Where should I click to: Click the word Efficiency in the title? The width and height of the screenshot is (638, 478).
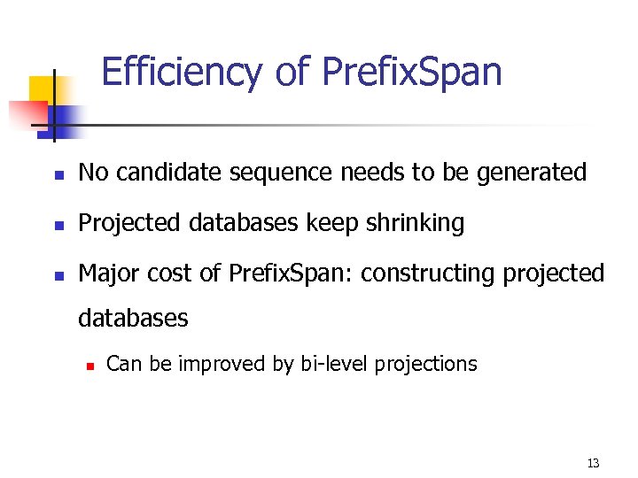(x=182, y=72)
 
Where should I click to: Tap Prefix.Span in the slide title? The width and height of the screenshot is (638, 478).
(x=412, y=72)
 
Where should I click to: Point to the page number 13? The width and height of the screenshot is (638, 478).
(x=593, y=464)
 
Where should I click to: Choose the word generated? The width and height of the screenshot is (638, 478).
(x=532, y=173)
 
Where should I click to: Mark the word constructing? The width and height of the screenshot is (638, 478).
(x=429, y=274)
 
